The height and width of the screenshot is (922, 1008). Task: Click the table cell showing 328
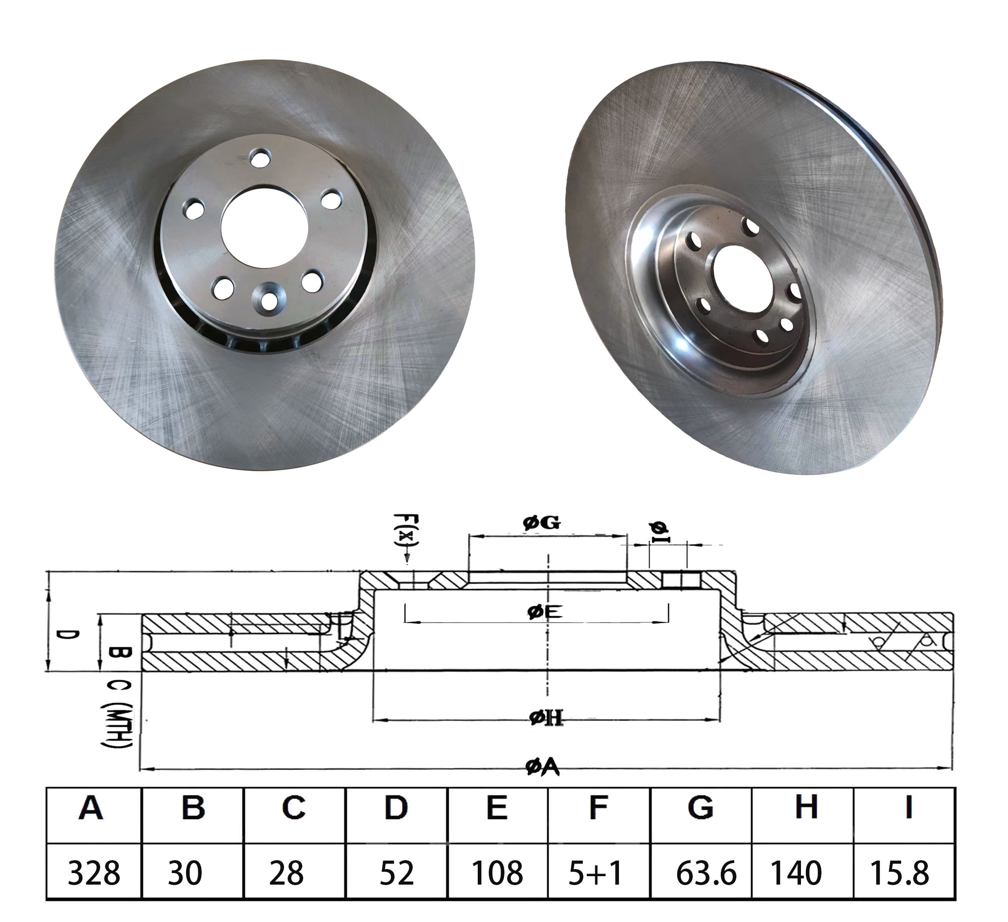pos(93,873)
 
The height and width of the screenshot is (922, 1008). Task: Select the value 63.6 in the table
pos(706,873)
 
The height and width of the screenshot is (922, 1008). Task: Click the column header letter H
pos(806,807)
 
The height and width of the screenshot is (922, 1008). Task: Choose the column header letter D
pos(396,807)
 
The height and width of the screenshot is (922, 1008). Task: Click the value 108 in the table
pos(497,873)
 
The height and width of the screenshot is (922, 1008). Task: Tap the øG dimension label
pos(541,523)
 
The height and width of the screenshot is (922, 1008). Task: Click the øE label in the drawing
pos(545,612)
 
